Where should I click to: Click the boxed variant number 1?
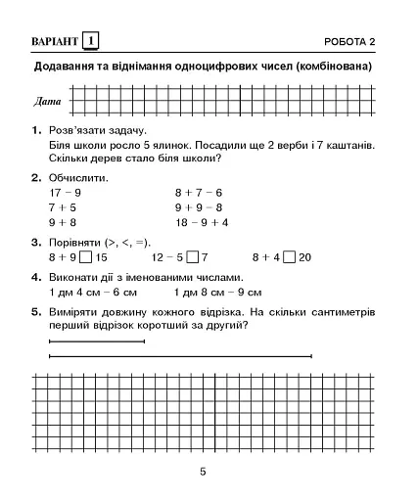pos(91,41)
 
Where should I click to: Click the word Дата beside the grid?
pos(46,102)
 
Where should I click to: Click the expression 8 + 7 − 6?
pos(199,193)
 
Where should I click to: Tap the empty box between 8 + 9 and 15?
pos(86,257)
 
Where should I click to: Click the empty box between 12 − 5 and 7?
pos(192,257)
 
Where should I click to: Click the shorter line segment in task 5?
pos(96,342)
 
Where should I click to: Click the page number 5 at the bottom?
pos(203,473)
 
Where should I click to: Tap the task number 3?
pos(35,242)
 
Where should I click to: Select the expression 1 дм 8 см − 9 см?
pos(217,292)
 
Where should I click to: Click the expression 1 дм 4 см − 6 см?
pos(92,292)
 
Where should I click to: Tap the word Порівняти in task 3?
pos(75,242)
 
